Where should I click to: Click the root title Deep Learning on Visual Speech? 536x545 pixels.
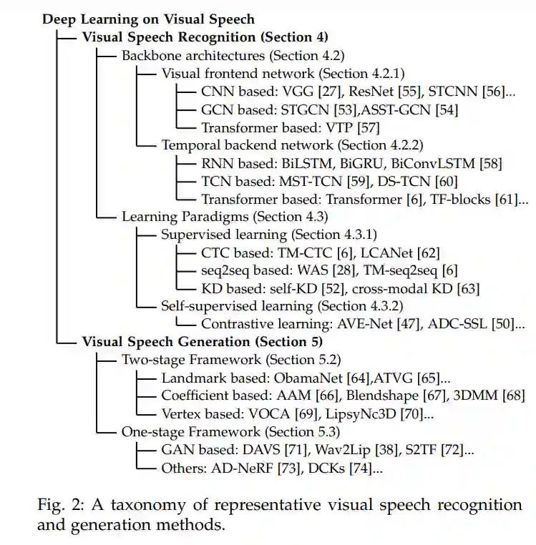[148, 19]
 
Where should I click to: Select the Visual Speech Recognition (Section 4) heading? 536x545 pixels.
[205, 36]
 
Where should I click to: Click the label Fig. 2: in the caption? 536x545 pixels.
[59, 506]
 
